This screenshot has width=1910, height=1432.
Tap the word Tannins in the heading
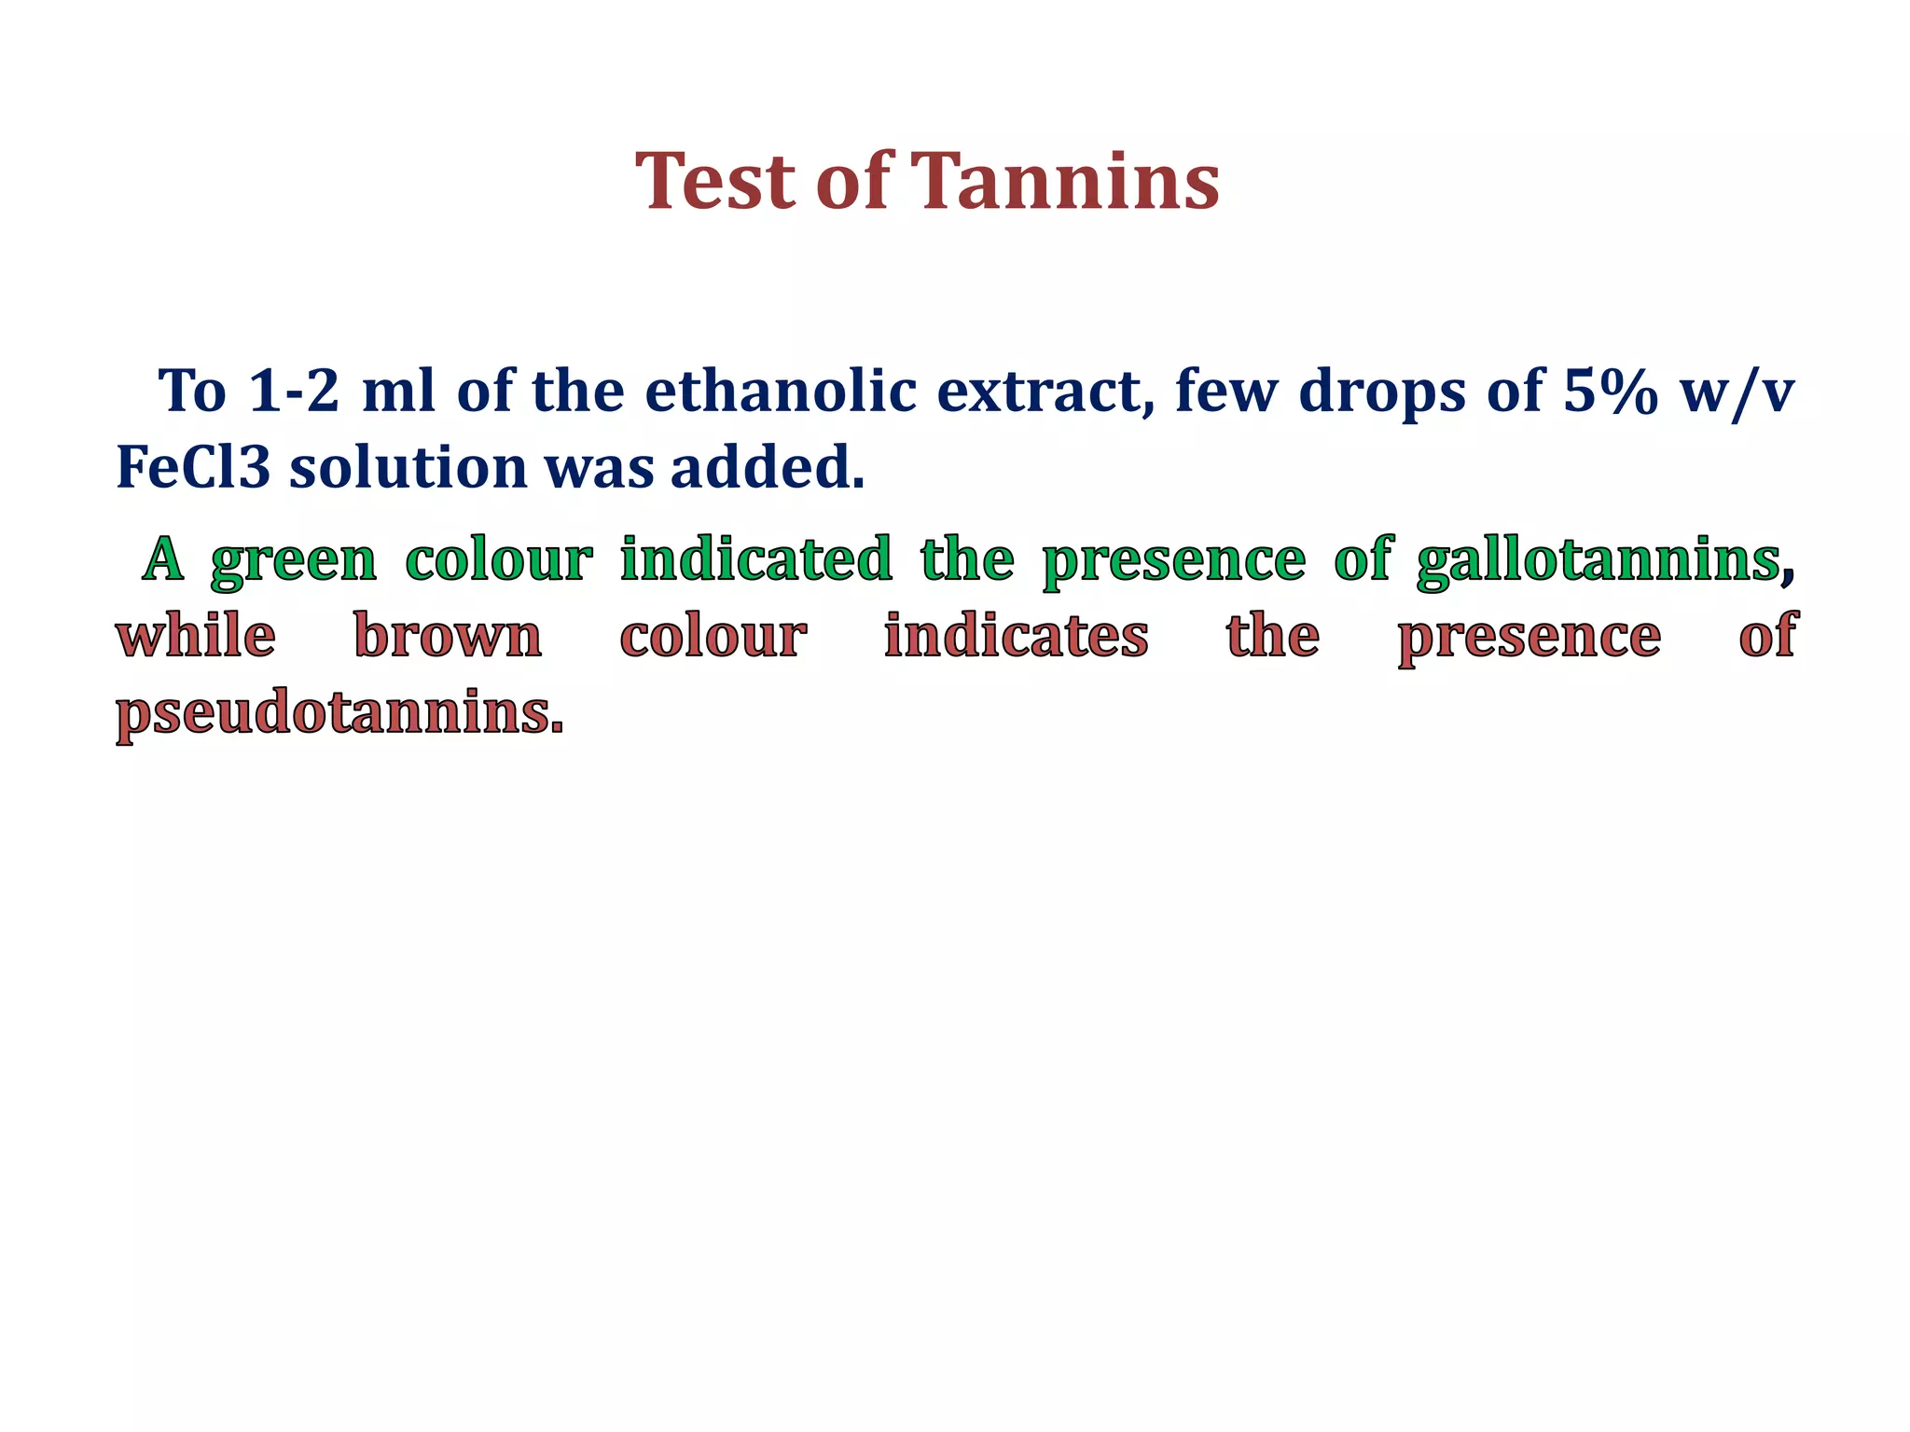click(1064, 181)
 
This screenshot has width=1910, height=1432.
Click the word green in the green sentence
click(294, 561)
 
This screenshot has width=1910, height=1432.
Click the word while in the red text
click(196, 637)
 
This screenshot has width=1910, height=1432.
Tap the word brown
click(448, 637)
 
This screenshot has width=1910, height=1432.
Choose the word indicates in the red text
click(1016, 637)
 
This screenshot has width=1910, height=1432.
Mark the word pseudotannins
click(339, 715)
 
